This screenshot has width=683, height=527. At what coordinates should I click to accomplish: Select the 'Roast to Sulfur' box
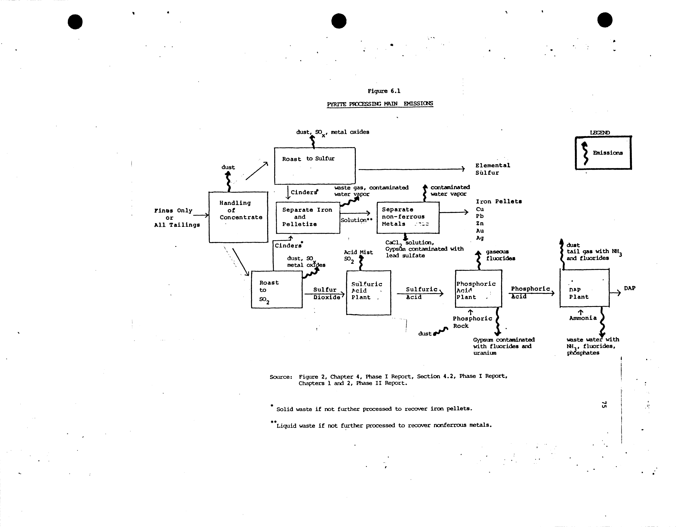pyautogui.click(x=315, y=166)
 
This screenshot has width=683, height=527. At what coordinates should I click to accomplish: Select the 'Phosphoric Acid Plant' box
pyautogui.click(x=478, y=289)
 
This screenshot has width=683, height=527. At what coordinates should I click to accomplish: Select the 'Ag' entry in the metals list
pyautogui.click(x=480, y=238)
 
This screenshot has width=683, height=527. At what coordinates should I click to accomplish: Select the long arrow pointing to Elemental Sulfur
pyautogui.click(x=411, y=169)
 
